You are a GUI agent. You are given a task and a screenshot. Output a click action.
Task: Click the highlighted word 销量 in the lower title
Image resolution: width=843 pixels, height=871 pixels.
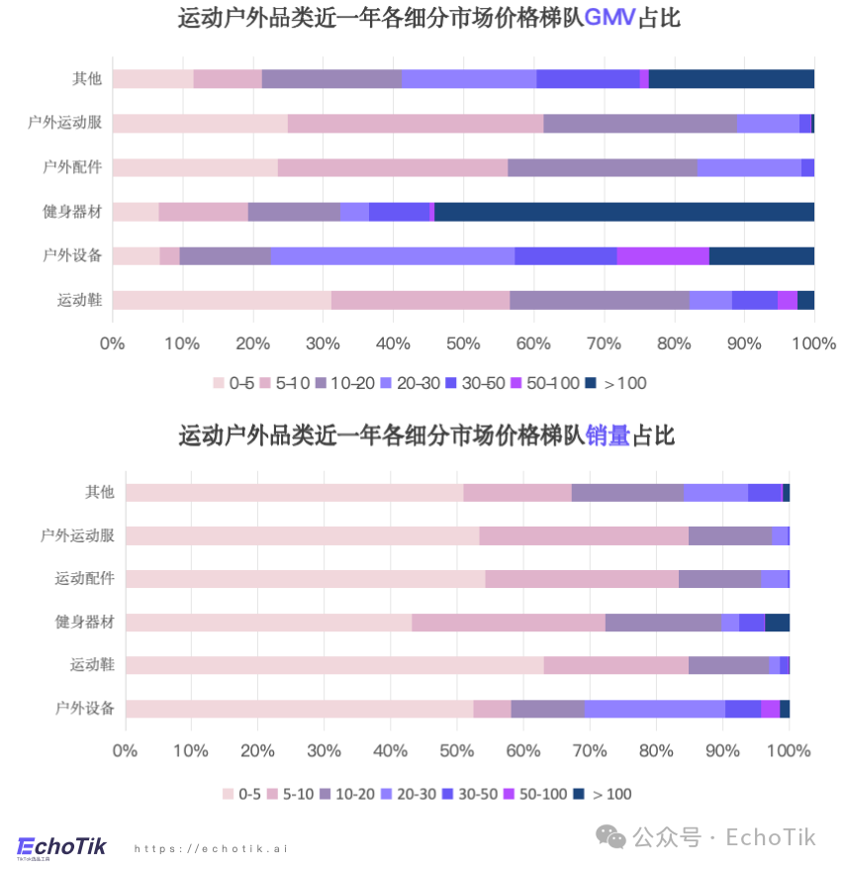click(608, 435)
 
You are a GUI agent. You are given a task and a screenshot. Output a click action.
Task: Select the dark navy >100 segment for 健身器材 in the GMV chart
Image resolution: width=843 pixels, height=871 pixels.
click(623, 211)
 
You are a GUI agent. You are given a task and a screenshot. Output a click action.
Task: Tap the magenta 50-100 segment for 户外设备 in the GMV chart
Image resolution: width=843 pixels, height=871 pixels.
click(662, 255)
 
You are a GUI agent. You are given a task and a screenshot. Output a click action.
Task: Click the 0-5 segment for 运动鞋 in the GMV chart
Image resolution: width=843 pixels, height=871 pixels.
click(221, 300)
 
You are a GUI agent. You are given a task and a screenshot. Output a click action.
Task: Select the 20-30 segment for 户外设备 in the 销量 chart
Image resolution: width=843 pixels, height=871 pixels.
click(654, 708)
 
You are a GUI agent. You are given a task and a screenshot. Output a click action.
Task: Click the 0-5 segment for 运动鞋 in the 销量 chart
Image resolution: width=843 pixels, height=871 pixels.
click(333, 664)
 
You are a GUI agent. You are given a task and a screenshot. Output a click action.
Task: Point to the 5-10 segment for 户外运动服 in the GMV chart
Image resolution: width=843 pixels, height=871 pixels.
click(415, 123)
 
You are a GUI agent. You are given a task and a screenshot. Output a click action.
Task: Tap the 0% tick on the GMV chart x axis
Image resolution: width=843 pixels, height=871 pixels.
click(112, 343)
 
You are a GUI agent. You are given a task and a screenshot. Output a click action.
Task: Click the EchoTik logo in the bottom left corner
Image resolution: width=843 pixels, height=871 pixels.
click(61, 847)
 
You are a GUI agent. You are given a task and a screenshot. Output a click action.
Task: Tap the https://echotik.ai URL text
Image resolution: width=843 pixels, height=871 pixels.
click(210, 848)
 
